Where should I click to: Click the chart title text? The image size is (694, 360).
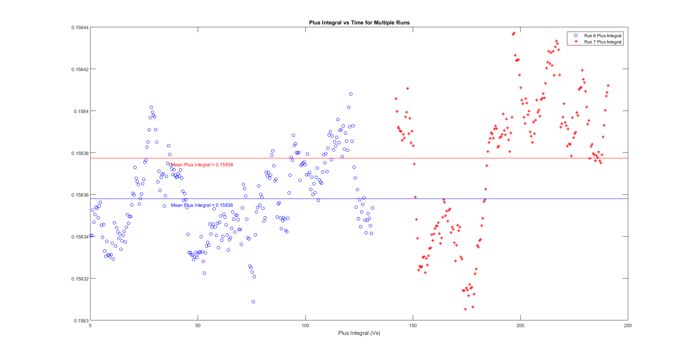click(x=359, y=23)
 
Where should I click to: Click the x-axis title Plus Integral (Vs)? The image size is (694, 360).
click(x=359, y=333)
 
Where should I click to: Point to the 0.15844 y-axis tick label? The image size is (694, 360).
click(x=80, y=28)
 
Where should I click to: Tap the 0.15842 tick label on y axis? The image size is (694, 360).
click(x=80, y=69)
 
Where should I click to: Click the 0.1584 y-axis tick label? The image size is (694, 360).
click(x=81, y=111)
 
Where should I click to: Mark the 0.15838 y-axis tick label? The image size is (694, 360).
click(x=80, y=153)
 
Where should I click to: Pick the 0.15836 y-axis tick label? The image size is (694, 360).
click(x=80, y=195)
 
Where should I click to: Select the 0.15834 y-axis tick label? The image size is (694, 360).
click(x=80, y=237)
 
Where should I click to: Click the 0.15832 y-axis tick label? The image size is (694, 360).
click(x=80, y=279)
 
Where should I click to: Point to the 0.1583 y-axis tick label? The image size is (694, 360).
click(x=81, y=321)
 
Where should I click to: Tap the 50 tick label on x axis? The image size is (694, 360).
click(x=198, y=326)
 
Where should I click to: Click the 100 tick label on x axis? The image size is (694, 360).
click(x=305, y=326)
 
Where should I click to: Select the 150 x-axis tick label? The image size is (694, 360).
click(x=413, y=326)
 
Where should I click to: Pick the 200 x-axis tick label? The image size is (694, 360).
click(x=520, y=326)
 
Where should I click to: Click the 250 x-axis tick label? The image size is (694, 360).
click(x=628, y=326)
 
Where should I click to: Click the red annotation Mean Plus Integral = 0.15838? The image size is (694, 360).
click(x=202, y=165)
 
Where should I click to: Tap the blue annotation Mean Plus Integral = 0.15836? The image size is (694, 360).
click(x=202, y=205)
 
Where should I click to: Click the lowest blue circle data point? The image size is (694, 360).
click(x=253, y=302)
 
